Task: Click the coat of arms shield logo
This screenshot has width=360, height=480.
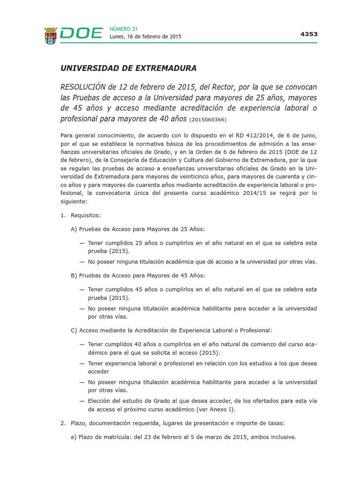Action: click(x=51, y=34)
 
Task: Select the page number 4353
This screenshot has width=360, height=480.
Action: click(x=308, y=34)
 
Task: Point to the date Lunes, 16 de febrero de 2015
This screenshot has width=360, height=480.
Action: click(x=145, y=37)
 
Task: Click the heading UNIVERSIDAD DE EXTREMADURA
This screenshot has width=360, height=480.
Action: click(x=128, y=68)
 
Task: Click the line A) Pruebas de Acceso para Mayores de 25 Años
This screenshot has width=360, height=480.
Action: click(x=137, y=229)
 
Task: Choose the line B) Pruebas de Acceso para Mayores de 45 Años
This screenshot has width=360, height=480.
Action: click(x=137, y=275)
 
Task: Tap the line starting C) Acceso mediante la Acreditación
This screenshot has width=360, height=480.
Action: click(x=171, y=330)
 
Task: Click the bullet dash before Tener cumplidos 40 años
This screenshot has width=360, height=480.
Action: click(x=82, y=344)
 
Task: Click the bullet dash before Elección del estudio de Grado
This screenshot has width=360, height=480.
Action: click(x=82, y=401)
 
